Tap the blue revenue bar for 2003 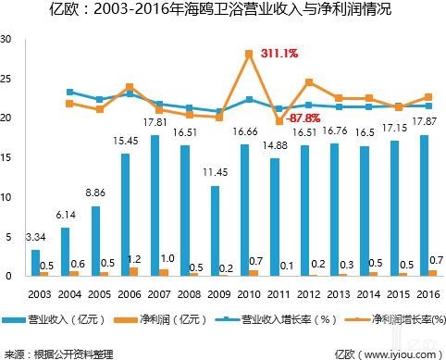point(35,263)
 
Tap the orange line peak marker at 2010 point(250,55)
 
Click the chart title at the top point(222,11)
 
